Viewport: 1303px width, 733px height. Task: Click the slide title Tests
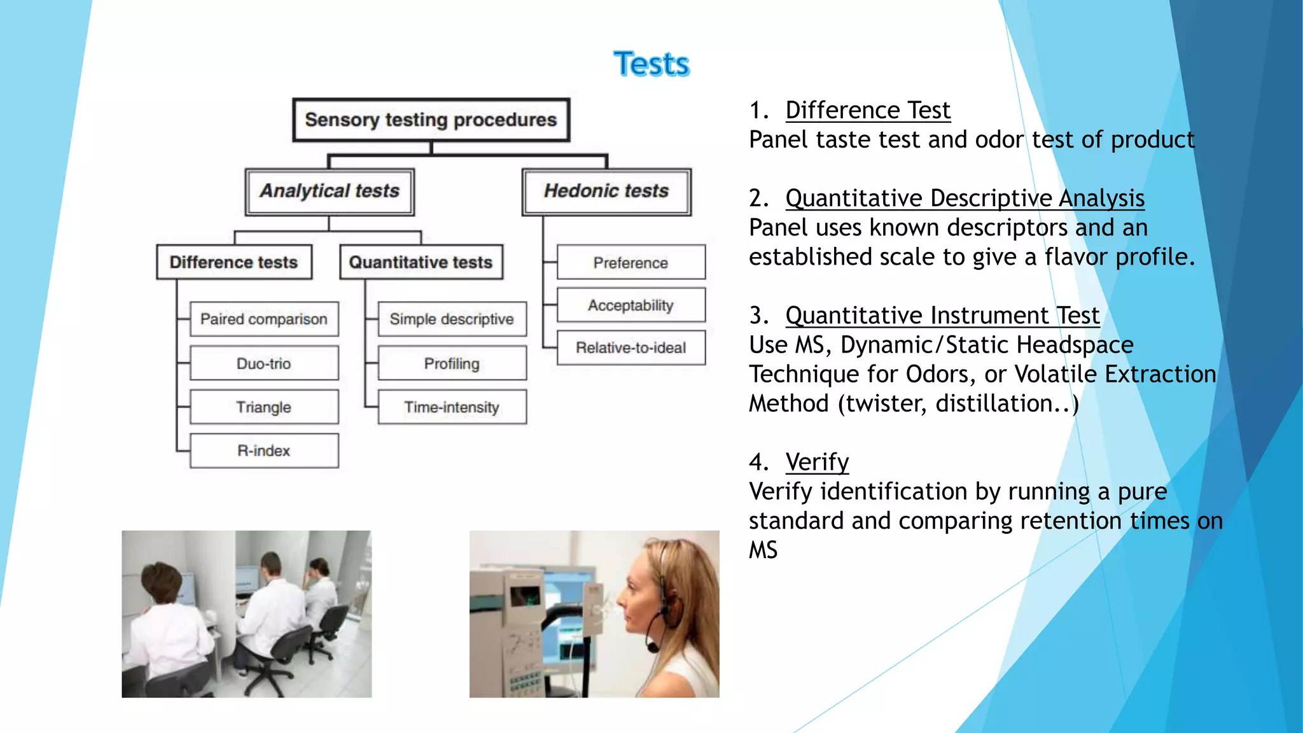click(x=651, y=64)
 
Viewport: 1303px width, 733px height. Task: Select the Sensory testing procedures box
click(x=431, y=120)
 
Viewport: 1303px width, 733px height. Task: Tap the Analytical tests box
click(x=330, y=192)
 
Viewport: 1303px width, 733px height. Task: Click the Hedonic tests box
click(x=606, y=192)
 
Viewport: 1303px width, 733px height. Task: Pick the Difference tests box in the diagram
click(x=234, y=262)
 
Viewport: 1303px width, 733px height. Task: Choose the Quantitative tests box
click(x=421, y=262)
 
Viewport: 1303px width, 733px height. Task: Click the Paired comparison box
click(x=264, y=319)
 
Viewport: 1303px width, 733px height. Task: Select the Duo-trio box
click(x=264, y=363)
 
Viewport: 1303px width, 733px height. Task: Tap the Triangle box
click(x=264, y=407)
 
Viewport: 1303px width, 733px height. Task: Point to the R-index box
click(x=264, y=451)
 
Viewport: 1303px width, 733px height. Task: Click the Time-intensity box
click(x=452, y=407)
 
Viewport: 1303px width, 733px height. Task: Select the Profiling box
click(x=452, y=363)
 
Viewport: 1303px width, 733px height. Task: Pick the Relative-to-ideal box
click(x=631, y=348)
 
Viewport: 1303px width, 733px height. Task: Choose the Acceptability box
click(x=631, y=305)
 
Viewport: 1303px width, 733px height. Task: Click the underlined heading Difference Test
click(x=868, y=111)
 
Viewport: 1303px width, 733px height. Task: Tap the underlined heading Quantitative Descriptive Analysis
click(x=965, y=199)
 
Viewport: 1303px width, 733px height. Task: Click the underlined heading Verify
click(x=817, y=463)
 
